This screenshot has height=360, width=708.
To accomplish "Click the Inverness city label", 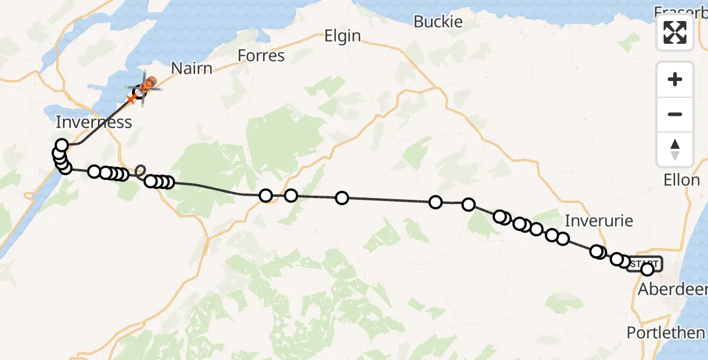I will point(94,122).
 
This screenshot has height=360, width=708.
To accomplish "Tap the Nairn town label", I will point(192,68).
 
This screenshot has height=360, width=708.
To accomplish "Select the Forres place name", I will point(261,56).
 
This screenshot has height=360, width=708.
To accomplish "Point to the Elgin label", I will point(343,36).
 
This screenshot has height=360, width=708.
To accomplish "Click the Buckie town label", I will point(438,22).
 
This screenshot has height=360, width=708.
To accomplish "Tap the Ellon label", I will point(682,180).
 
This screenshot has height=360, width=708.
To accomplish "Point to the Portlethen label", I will point(665,332).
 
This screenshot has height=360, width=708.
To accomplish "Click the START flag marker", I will point(644,263).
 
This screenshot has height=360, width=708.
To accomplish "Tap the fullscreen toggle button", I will point(675,32).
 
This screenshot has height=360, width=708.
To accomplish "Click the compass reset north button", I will point(675,149).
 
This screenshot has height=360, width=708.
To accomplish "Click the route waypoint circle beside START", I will point(647,269).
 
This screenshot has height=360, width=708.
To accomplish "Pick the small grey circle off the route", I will point(140,170).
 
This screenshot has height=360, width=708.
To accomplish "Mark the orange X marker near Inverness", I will point(131,98).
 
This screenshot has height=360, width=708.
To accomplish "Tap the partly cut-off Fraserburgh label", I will point(680,11).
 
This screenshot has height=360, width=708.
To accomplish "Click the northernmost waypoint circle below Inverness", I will point(62,145).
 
